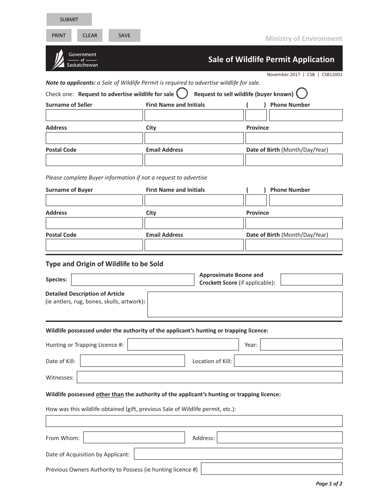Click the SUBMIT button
69,20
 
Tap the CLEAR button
90,36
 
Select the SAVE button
124,36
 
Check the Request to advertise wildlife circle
182,94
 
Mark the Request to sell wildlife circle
302,94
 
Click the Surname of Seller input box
94,115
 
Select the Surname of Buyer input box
94,200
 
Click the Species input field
133,280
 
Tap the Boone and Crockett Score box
311,280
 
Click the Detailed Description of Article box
245,304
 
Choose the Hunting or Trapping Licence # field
183,344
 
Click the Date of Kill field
132,361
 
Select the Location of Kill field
288,361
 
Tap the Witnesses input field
210,377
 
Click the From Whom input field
134,438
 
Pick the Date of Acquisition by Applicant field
238,454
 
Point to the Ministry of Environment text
303,38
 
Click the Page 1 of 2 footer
329,484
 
